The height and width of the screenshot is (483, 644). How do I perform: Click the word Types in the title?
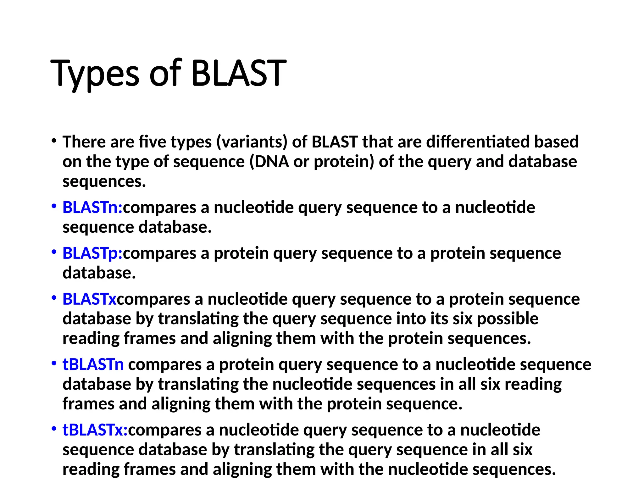pos(94,74)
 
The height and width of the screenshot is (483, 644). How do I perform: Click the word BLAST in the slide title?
pos(239,74)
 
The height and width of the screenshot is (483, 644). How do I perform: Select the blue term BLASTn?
pos(92,208)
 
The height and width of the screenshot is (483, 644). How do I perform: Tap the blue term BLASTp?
pos(92,253)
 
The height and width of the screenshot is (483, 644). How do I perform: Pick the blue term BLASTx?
pos(89,299)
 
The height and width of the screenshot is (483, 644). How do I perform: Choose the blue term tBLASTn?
pos(93,365)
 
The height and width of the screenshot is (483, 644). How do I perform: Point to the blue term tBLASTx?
pos(95,430)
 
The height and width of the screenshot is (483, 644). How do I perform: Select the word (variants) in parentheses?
pos(252,142)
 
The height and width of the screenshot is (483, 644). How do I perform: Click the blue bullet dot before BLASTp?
pos(54,252)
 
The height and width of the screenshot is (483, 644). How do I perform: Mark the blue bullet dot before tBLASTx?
pos(54,429)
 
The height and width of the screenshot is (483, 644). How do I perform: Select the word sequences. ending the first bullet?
pos(104,181)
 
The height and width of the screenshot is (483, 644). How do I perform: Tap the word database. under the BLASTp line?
pos(99,273)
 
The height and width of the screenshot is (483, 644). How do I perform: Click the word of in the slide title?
pos(166,74)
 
